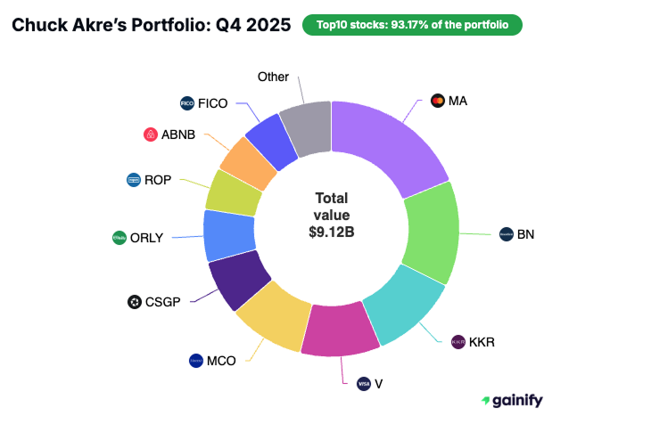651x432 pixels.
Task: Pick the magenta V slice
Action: (x=335, y=329)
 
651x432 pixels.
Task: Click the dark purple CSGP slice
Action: (x=237, y=279)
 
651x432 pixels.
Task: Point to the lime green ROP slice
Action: (x=233, y=192)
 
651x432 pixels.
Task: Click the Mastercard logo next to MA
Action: (x=437, y=101)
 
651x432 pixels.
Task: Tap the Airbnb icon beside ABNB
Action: (x=150, y=134)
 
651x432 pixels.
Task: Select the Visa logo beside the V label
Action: (x=363, y=384)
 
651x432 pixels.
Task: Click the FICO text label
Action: (x=213, y=103)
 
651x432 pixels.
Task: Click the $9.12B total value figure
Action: (x=331, y=232)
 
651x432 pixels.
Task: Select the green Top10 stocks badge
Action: (x=412, y=25)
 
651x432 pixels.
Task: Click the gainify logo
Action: (x=511, y=401)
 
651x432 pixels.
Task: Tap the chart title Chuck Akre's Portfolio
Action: (x=150, y=25)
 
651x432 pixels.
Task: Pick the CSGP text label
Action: (x=163, y=302)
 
